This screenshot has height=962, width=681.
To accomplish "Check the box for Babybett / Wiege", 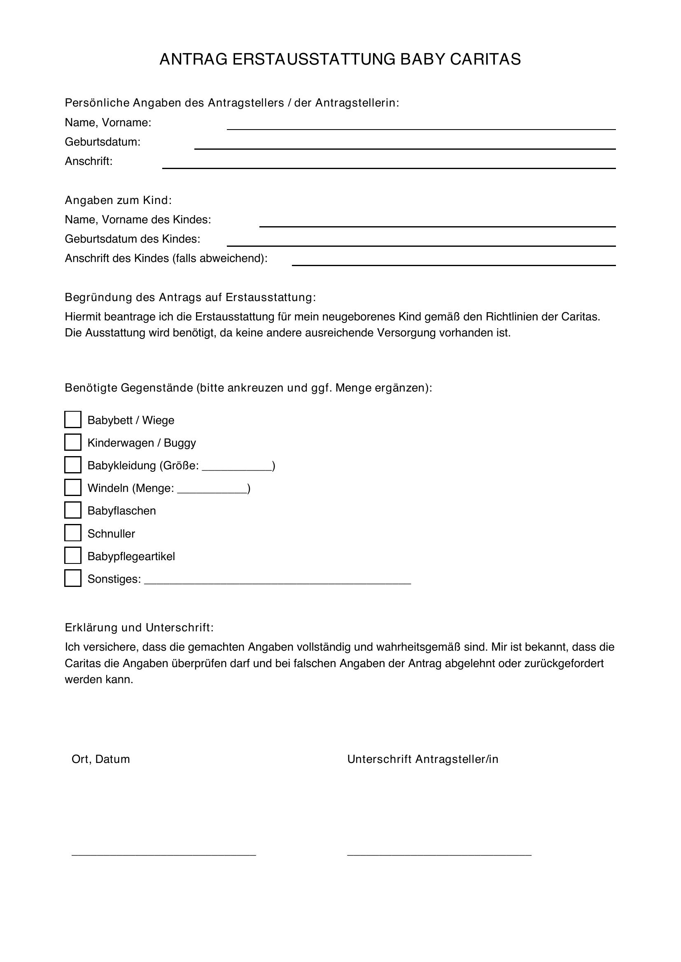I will (72, 420).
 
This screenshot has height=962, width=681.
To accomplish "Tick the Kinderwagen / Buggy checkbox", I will (72, 442).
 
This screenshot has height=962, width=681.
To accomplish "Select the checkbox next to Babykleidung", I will (72, 465).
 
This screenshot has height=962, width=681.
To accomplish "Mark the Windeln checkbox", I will (72, 487).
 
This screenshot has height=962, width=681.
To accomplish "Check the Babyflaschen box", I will (72, 510).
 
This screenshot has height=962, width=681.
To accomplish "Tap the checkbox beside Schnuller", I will (72, 533).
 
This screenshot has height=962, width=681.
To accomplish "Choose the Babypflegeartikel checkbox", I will (72, 556).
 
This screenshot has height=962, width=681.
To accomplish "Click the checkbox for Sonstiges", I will (72, 578).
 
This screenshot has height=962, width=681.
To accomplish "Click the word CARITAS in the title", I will (485, 60).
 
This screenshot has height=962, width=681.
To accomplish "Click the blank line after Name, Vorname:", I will (421, 126).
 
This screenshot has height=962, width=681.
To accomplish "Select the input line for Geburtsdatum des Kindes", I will (421, 242).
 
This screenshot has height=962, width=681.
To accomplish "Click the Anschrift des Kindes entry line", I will (454, 262).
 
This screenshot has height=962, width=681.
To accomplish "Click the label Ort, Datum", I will (100, 759).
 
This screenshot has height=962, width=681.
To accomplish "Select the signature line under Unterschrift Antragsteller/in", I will (439, 853).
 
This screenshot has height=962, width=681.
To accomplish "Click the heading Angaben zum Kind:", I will (118, 200).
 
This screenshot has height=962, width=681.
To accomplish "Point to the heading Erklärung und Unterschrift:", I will (139, 628).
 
